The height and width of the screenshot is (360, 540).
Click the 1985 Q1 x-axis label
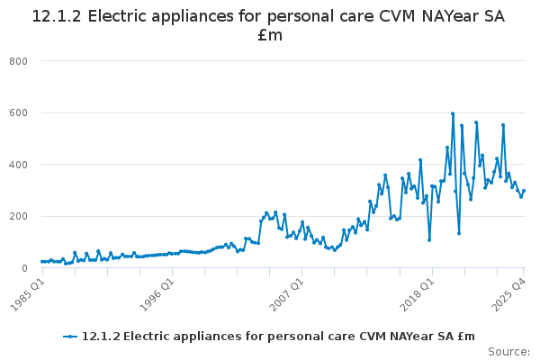[x=28, y=292]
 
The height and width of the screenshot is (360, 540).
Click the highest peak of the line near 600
[x=453, y=113]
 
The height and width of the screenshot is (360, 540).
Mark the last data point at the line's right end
[x=524, y=190]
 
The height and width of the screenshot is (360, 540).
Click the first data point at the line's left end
[x=41, y=261]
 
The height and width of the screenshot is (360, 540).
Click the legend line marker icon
[x=71, y=337]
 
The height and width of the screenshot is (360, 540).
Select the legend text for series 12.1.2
[x=278, y=337]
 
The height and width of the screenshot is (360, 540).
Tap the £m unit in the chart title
[x=270, y=36]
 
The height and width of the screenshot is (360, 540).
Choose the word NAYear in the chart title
[x=445, y=16]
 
